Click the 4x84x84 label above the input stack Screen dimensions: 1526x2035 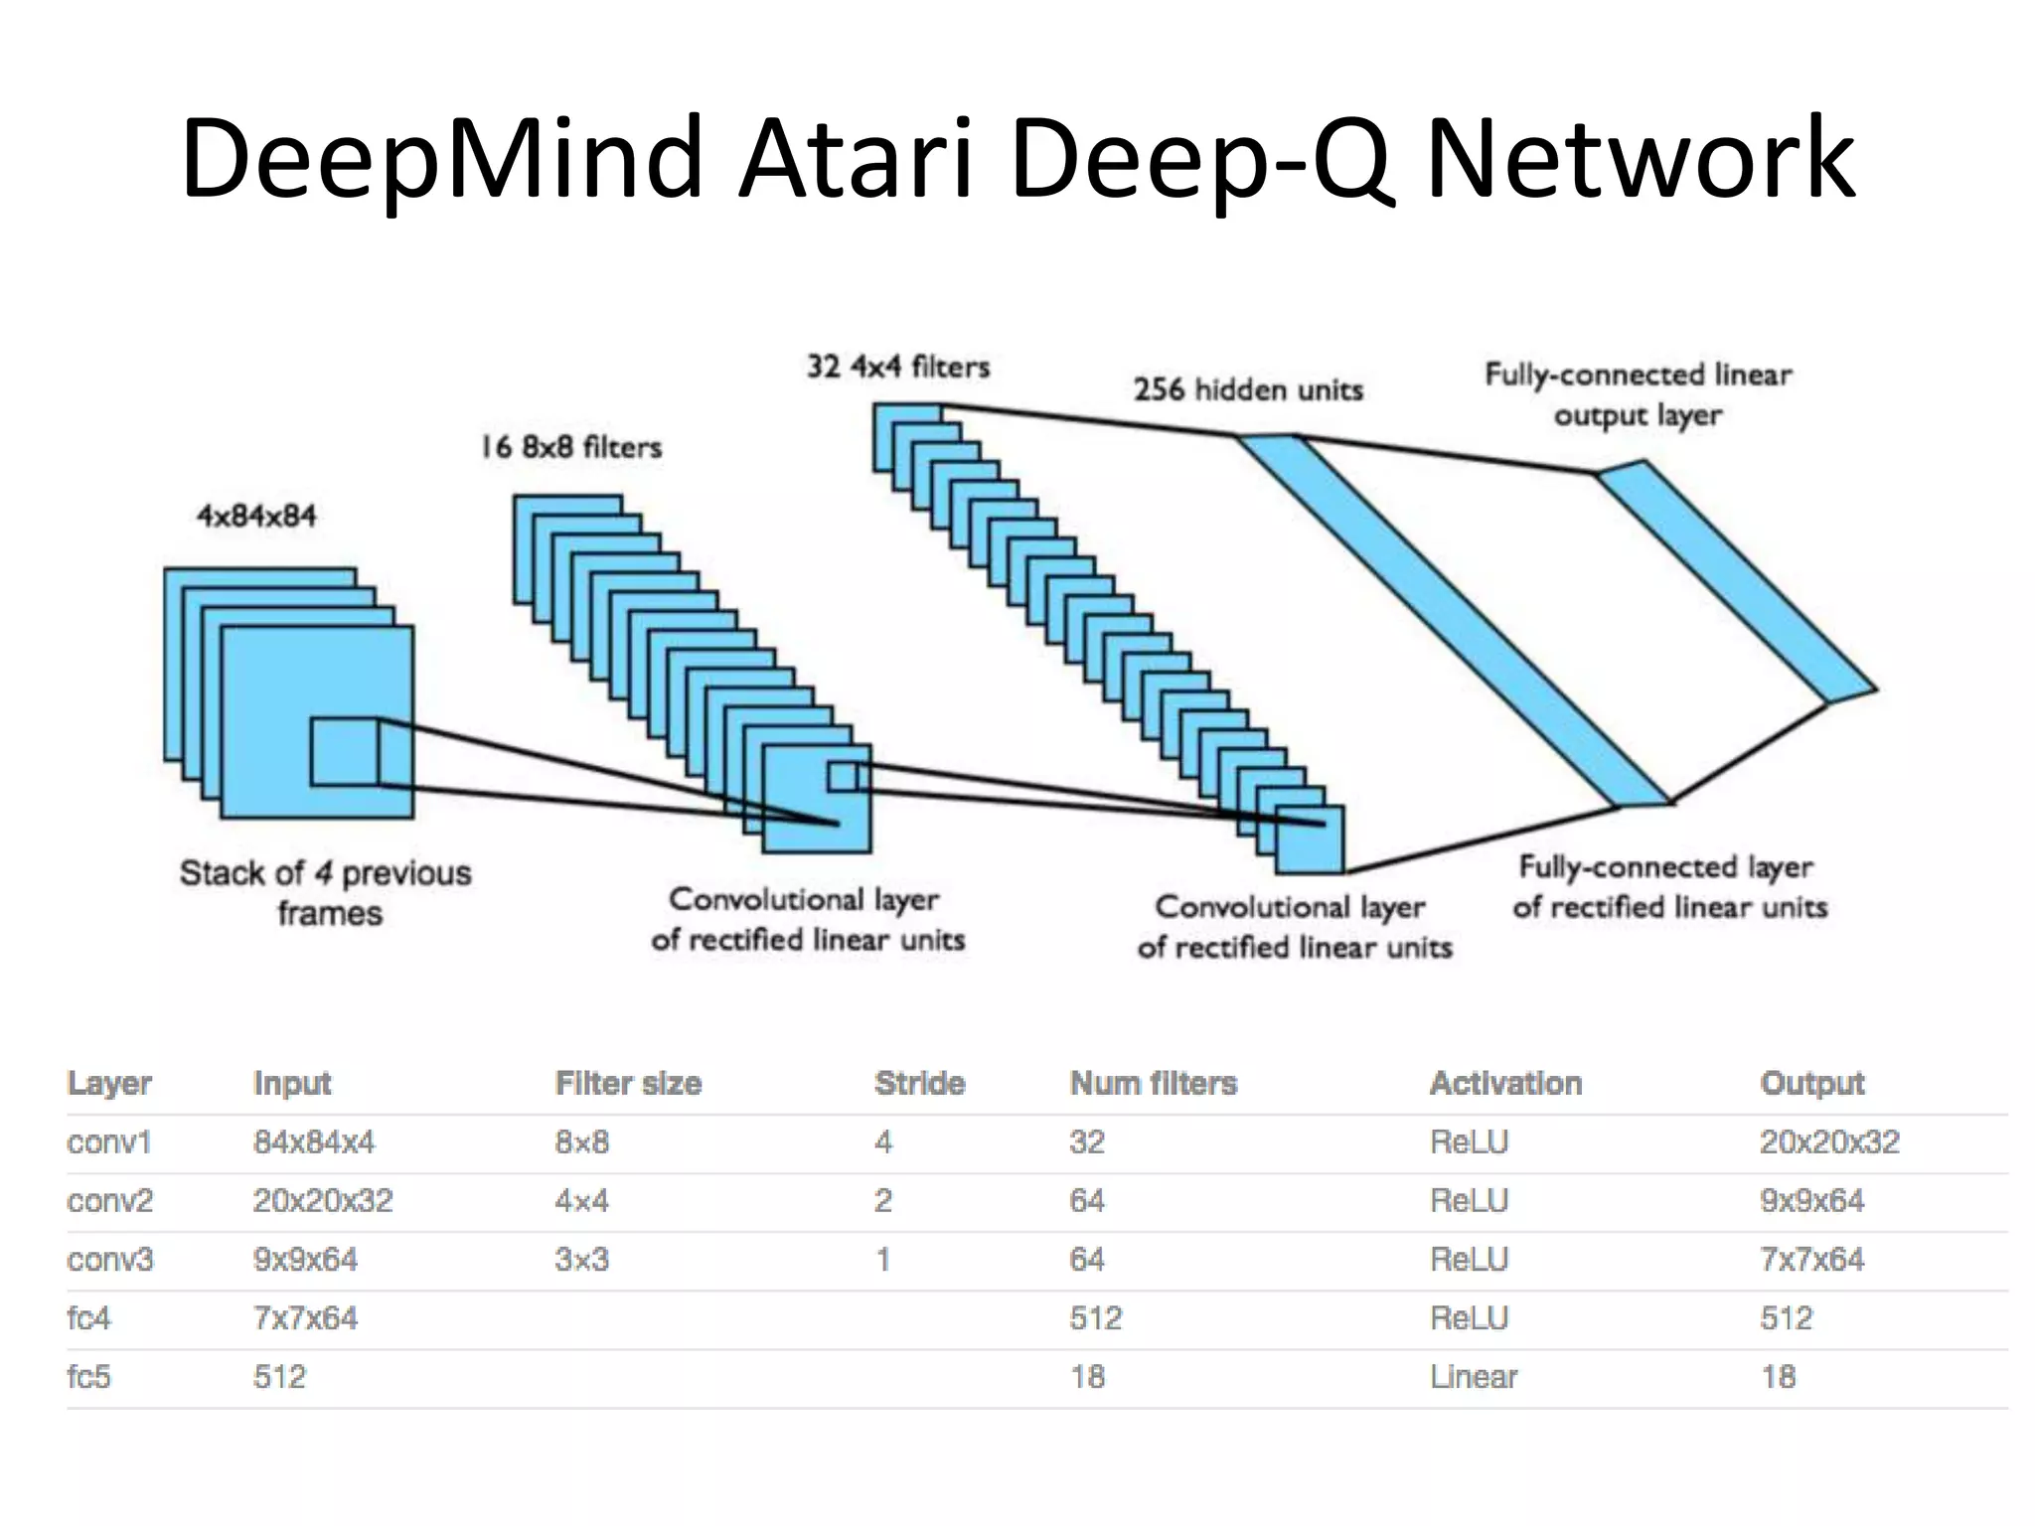(256, 517)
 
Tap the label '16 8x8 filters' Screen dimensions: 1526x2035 (571, 447)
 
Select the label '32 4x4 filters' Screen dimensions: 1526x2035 (898, 368)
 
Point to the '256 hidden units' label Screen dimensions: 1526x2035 (1248, 389)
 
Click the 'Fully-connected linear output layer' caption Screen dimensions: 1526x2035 (1638, 394)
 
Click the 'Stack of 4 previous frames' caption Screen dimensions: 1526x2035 (326, 892)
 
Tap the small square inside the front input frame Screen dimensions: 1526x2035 (344, 752)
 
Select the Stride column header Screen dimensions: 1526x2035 (919, 1083)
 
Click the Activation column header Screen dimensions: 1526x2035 (1505, 1083)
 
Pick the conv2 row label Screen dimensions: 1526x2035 (109, 1201)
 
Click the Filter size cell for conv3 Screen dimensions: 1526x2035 (581, 1260)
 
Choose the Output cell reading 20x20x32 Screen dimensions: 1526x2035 (1829, 1143)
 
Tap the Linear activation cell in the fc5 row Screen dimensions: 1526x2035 (1474, 1377)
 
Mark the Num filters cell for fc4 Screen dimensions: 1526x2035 (1095, 1318)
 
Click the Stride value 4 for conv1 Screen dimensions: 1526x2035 (883, 1143)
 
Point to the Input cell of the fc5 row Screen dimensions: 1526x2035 (279, 1377)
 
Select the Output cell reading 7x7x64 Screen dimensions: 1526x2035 (1811, 1260)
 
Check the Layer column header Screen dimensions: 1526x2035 (109, 1083)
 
